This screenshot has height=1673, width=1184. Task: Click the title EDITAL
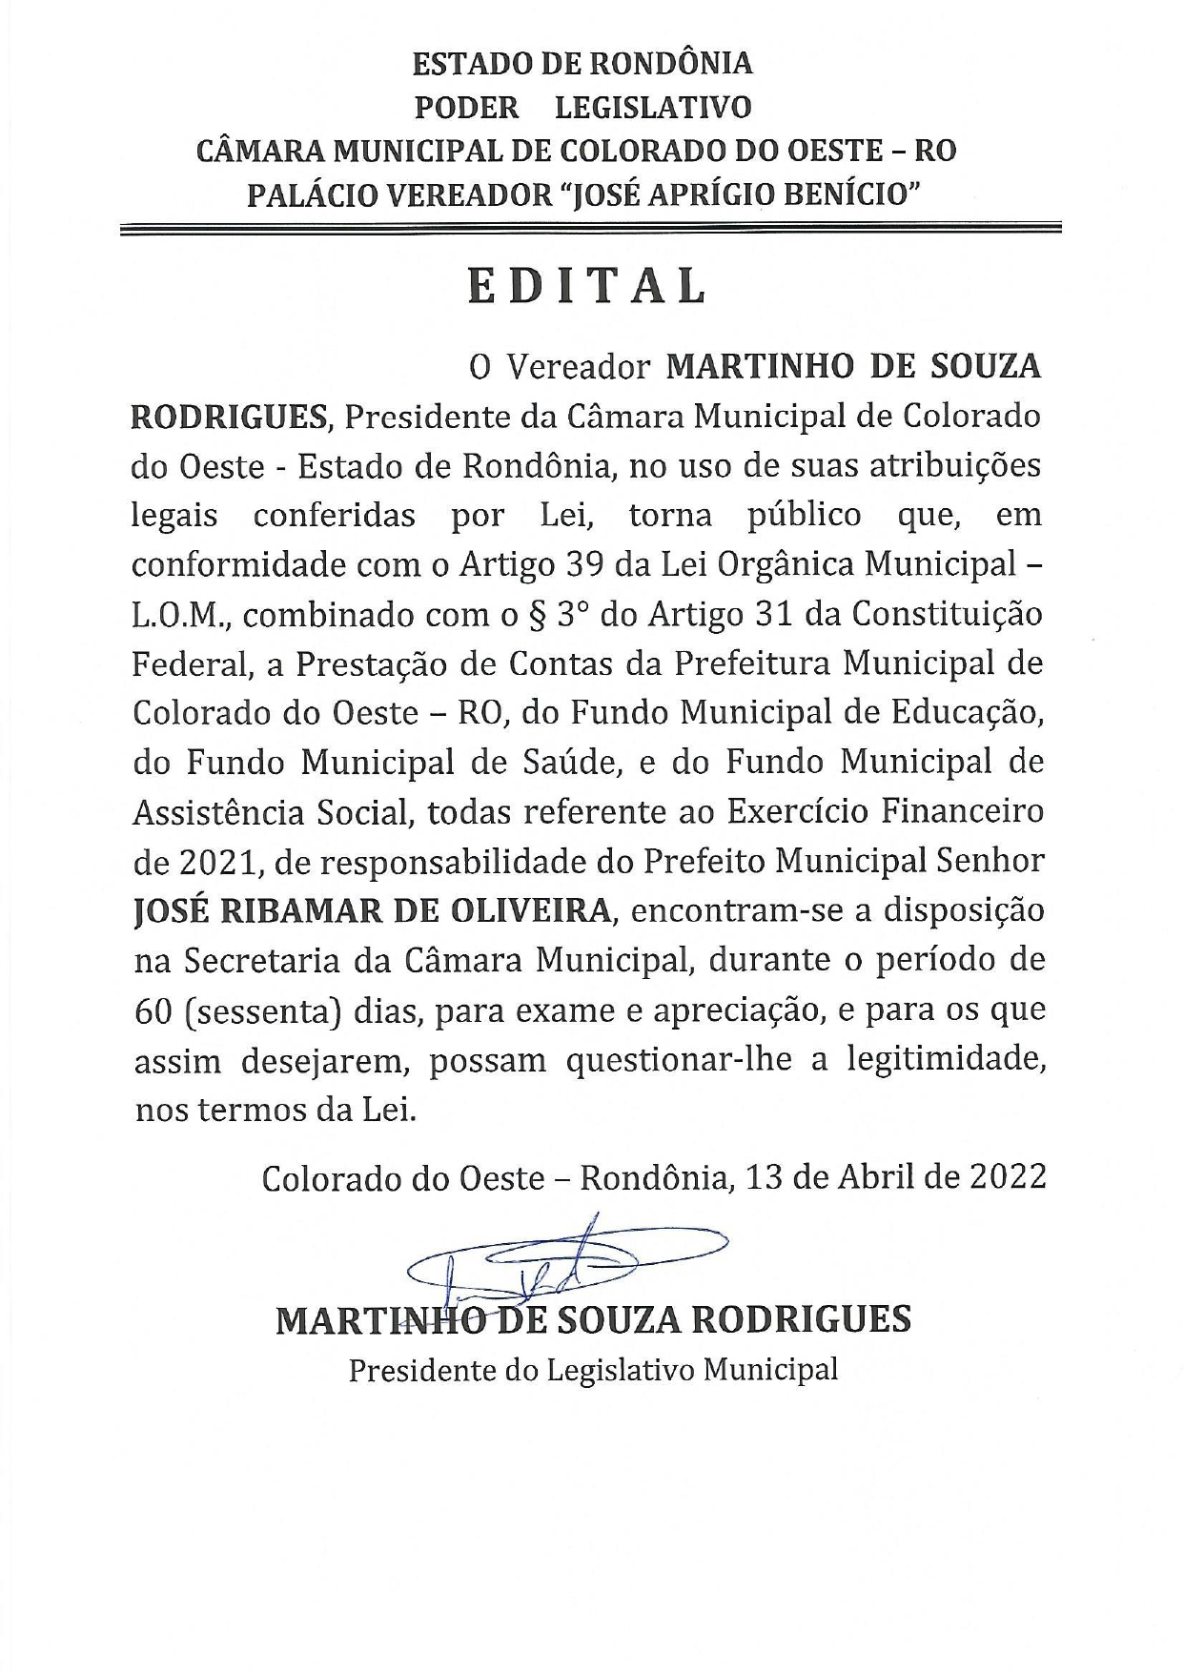(587, 285)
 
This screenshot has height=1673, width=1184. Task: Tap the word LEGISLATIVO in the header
(653, 107)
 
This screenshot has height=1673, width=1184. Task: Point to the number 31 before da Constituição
(774, 615)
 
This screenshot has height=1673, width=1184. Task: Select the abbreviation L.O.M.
(182, 615)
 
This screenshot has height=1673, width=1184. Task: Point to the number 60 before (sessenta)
(153, 1011)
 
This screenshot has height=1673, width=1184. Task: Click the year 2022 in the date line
(1008, 1177)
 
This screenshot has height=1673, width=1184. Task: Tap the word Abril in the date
(874, 1177)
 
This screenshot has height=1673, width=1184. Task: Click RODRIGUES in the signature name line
(799, 1320)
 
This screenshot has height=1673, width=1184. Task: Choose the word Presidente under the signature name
(418, 1370)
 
